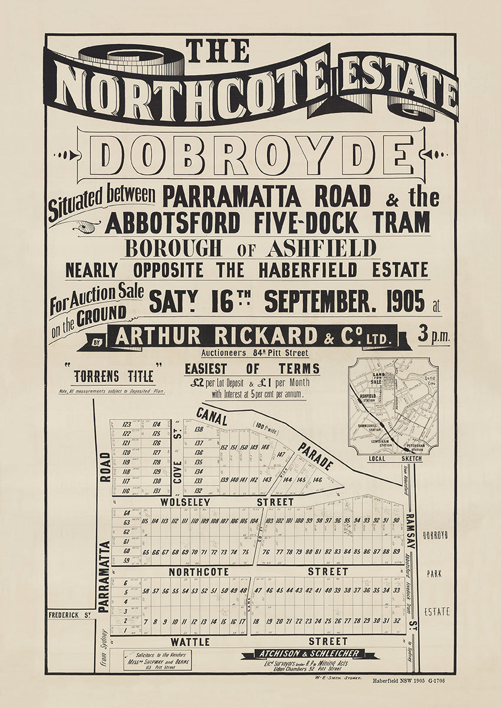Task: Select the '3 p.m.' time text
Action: click(434, 335)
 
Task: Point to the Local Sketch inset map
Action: click(392, 407)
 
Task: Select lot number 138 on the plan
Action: click(199, 430)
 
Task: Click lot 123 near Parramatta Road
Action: click(126, 424)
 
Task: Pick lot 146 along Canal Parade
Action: click(317, 480)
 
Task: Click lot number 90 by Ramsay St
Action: click(395, 520)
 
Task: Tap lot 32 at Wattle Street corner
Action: click(397, 621)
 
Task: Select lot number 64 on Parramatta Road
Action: click(126, 514)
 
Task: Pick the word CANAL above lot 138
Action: click(212, 416)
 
